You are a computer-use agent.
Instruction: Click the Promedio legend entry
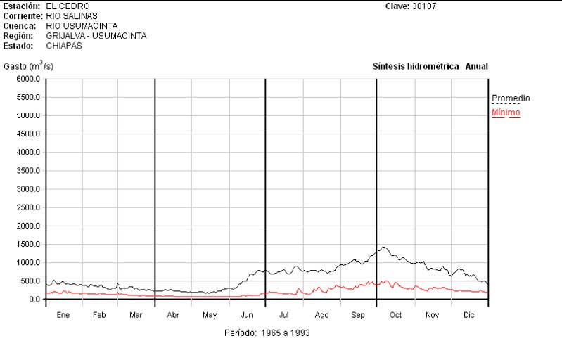[x=511, y=98]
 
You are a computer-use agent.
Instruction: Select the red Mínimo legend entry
[x=506, y=112]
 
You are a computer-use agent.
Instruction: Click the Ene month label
[x=63, y=315]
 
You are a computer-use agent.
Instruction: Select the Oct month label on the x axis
[x=395, y=315]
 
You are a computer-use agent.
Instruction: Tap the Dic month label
[x=469, y=315]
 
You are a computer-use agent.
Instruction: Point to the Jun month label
[x=247, y=315]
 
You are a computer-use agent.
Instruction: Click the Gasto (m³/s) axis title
[x=28, y=66]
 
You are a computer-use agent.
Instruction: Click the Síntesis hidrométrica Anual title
[x=430, y=67]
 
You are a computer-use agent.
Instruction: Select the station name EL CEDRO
[x=68, y=6]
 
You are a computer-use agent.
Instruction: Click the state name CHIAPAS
[x=64, y=46]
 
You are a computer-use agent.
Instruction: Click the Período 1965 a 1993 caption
[x=267, y=333]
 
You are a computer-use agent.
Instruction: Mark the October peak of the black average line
[x=383, y=247]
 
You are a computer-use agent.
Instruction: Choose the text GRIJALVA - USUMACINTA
[x=96, y=36]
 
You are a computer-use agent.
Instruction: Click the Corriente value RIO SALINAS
[x=72, y=16]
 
